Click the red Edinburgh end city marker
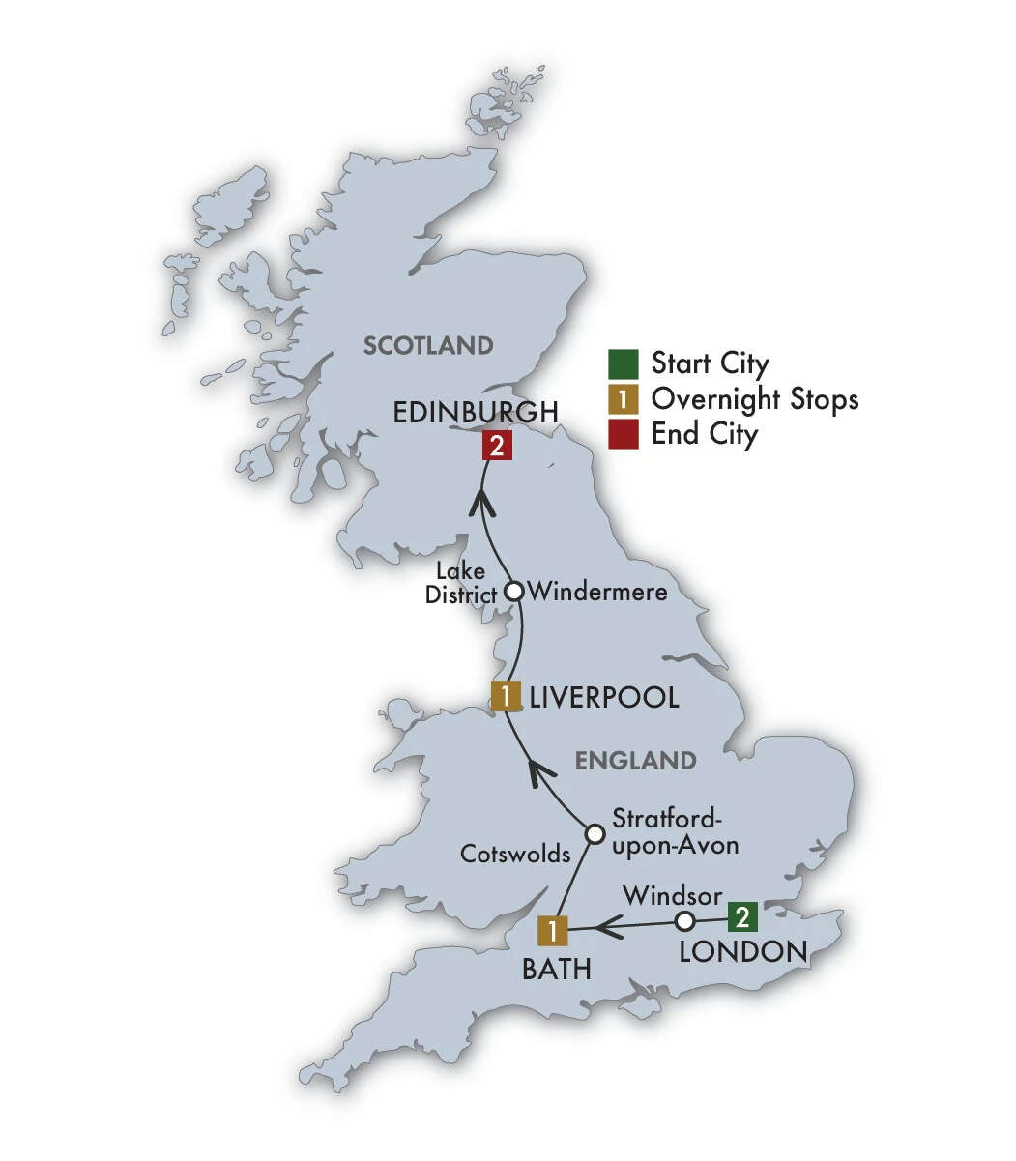point(496,447)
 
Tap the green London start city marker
point(741,915)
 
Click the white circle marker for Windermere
point(515,590)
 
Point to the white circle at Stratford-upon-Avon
point(595,832)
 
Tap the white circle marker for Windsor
point(684,919)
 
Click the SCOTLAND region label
point(428,345)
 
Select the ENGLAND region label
point(635,761)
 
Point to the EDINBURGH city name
point(476,413)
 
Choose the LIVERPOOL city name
point(602,697)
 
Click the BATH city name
point(556,969)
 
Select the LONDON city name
point(742,951)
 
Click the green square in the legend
point(624,364)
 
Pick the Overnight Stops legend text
point(755,399)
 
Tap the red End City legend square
point(624,434)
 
